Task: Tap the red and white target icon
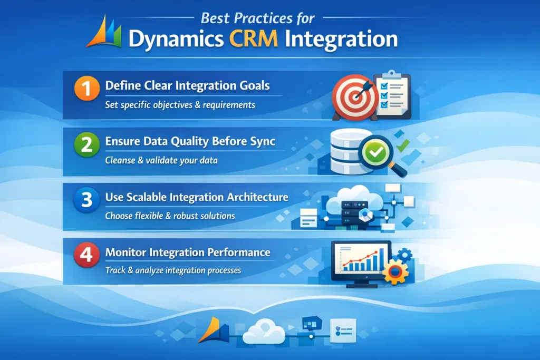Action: tap(352, 96)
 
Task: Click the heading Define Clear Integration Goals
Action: tap(188, 85)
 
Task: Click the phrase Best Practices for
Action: tap(258, 18)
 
